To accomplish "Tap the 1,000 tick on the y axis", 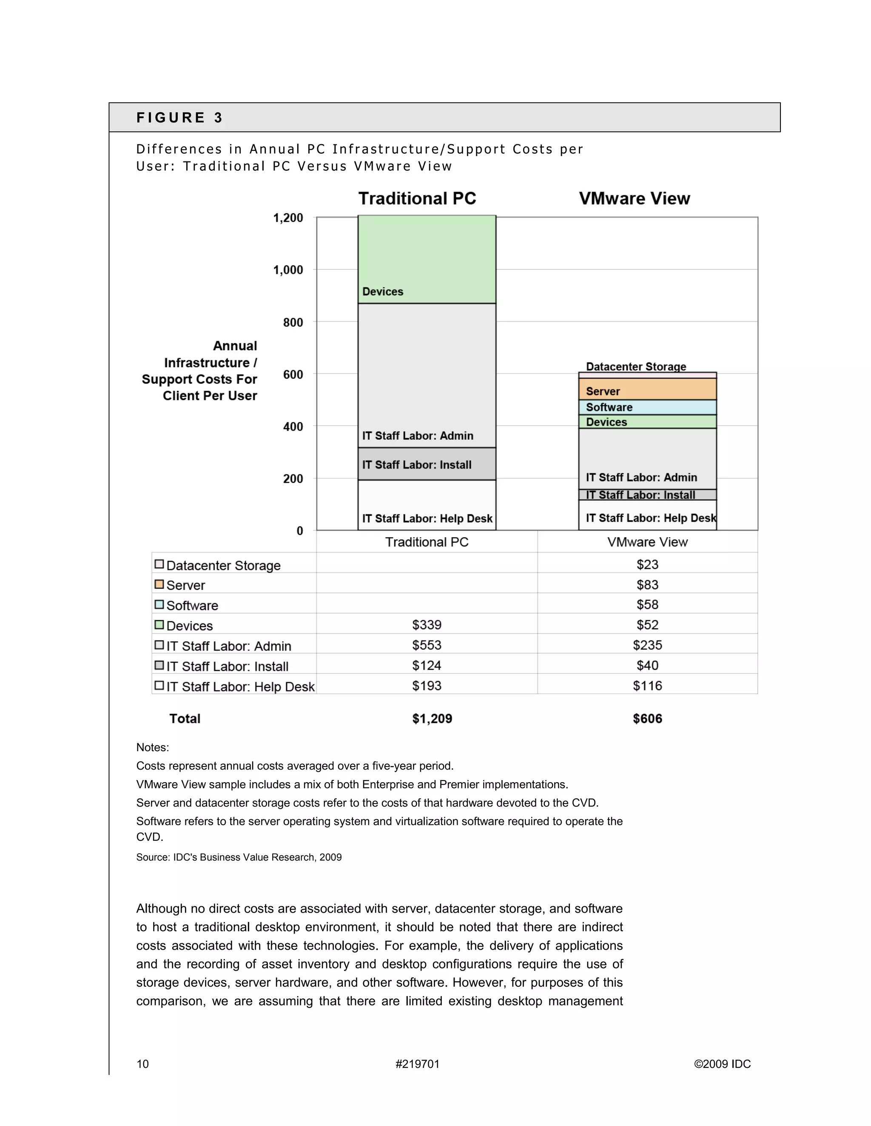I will point(288,270).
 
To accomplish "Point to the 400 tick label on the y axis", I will point(293,426).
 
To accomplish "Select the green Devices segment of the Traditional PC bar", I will point(427,259).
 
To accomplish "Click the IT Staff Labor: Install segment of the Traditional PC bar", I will point(427,464).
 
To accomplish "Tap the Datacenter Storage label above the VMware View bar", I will point(636,367).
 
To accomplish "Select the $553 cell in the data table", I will point(427,645).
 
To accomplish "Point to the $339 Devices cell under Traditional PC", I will point(427,625).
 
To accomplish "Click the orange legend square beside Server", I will point(159,584).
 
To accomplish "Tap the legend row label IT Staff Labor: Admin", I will point(228,646).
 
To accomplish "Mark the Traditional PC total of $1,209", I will point(432,719).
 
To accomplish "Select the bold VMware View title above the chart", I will point(634,198).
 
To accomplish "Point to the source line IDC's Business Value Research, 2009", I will point(239,857).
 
